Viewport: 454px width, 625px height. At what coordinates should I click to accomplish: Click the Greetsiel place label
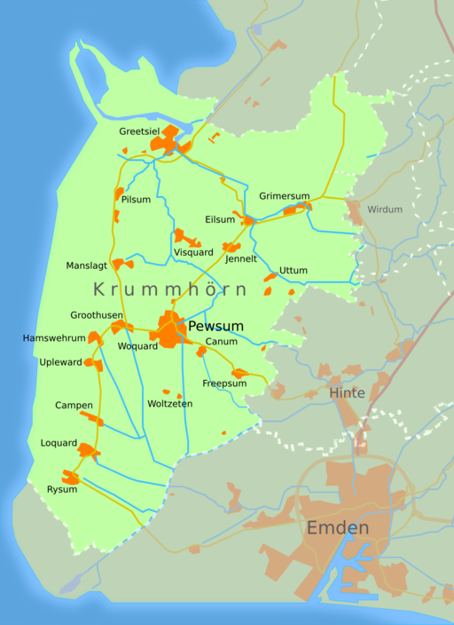139,131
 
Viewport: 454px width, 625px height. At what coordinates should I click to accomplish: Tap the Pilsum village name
136,200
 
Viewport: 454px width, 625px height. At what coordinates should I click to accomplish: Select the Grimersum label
285,195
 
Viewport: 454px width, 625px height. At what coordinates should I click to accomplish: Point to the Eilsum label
220,219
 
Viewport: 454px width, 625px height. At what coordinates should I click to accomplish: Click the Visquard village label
193,252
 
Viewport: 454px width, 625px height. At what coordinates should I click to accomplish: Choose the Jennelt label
241,259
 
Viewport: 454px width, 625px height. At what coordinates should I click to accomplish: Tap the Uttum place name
293,270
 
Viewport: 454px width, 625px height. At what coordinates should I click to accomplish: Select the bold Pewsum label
215,327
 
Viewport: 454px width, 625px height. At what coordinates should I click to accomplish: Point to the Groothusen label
97,315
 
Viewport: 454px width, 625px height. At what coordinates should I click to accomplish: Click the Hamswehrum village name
54,338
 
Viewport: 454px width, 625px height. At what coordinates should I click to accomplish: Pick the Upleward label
60,362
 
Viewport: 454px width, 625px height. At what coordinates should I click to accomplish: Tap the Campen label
74,405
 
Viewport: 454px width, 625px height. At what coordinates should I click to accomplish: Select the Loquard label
59,443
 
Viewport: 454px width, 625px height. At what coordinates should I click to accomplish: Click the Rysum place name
61,489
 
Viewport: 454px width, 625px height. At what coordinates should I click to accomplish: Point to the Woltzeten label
170,404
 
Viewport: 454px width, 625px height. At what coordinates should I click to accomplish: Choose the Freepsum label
224,384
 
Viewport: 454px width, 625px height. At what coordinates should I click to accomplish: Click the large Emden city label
337,528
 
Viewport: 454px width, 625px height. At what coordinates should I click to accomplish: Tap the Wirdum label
384,210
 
